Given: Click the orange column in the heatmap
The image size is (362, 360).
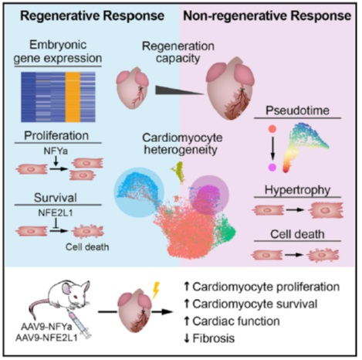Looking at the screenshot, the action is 73,97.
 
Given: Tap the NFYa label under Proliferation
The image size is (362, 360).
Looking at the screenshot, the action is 56,151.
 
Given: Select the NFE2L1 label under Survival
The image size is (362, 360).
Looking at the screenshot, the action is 56,212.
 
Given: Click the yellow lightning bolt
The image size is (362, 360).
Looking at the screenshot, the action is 156,290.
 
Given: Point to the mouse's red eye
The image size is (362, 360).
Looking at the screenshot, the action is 76,297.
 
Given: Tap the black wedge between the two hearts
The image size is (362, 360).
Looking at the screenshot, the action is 179,90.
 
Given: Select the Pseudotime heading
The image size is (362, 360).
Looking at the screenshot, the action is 297,110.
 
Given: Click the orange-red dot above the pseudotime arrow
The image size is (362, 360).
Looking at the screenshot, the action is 272,129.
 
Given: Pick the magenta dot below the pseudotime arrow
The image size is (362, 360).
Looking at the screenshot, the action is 272,168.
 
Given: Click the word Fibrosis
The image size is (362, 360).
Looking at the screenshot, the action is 214,338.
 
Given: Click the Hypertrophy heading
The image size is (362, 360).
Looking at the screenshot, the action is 297,190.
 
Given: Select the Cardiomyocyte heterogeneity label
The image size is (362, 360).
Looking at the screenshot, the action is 182,144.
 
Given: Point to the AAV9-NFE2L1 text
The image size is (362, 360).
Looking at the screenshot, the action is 46,338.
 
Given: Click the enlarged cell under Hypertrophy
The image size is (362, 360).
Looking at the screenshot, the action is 326,210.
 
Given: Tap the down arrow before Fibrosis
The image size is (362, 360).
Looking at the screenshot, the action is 187,338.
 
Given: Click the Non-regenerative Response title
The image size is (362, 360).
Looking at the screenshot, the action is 267,16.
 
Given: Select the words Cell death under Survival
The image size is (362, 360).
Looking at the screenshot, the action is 87,247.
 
